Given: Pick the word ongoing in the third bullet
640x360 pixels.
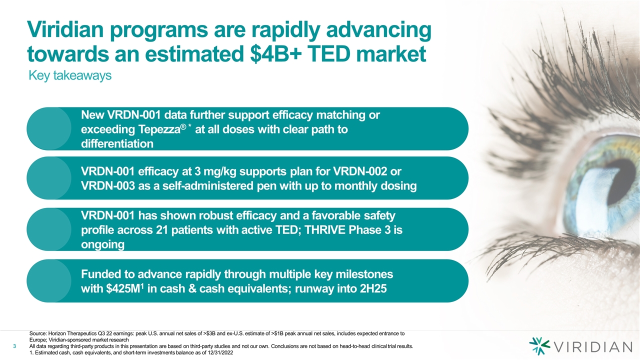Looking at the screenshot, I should [x=102, y=245].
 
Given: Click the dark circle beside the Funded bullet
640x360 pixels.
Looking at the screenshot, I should [x=49, y=281].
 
